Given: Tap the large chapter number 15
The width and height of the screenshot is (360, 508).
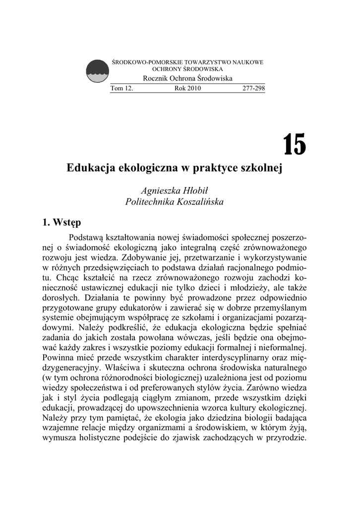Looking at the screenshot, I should (x=294, y=144).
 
